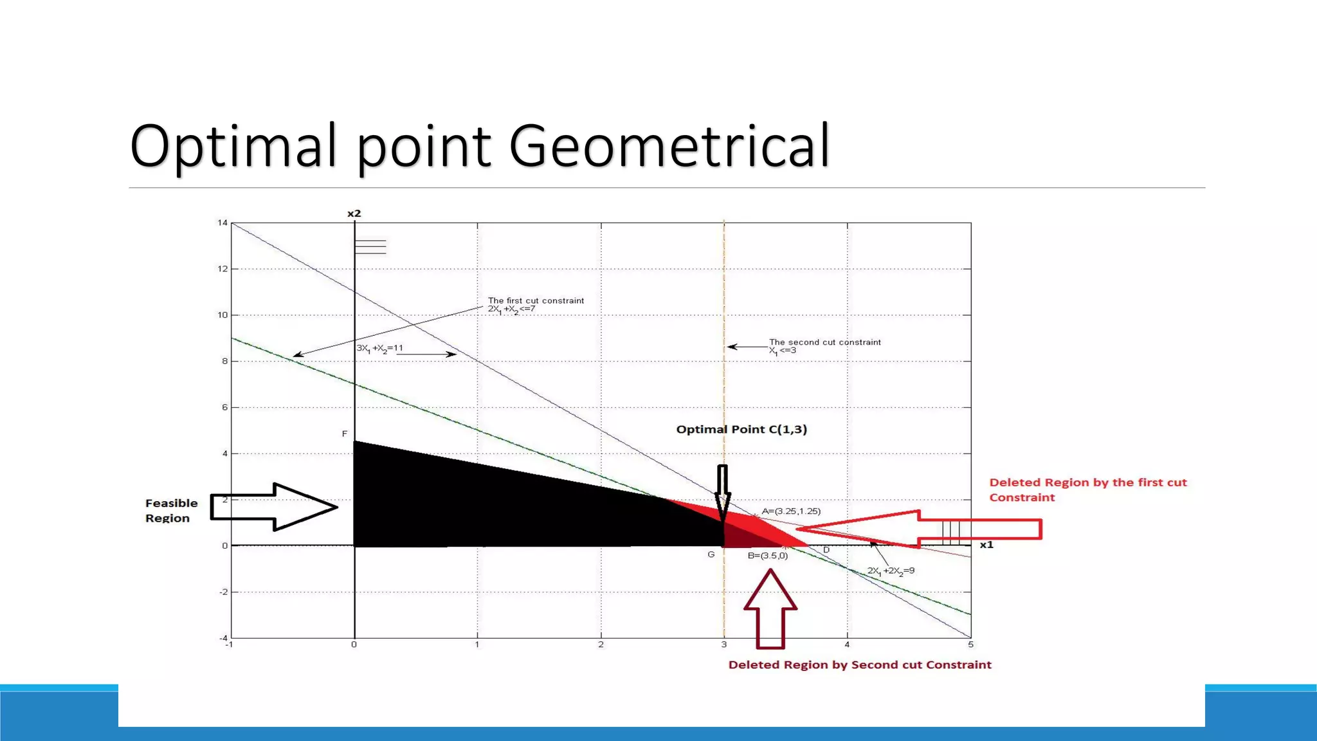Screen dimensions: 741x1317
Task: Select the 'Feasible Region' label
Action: tap(171, 511)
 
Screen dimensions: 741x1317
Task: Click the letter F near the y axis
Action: tap(345, 434)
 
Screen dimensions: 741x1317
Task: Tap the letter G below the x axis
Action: tap(711, 554)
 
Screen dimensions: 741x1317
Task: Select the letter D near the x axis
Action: tap(826, 550)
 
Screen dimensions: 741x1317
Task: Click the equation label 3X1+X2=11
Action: tap(380, 349)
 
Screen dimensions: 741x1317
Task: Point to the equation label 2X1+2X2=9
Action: tap(891, 571)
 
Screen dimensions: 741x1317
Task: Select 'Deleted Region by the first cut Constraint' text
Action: tap(1087, 489)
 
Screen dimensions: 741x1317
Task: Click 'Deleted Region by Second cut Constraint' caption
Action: tap(860, 665)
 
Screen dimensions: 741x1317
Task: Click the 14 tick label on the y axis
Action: tap(223, 223)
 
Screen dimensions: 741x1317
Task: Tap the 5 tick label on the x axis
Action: tap(970, 645)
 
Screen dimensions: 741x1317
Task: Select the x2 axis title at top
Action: tap(354, 214)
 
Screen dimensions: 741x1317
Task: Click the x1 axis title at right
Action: tap(986, 545)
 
